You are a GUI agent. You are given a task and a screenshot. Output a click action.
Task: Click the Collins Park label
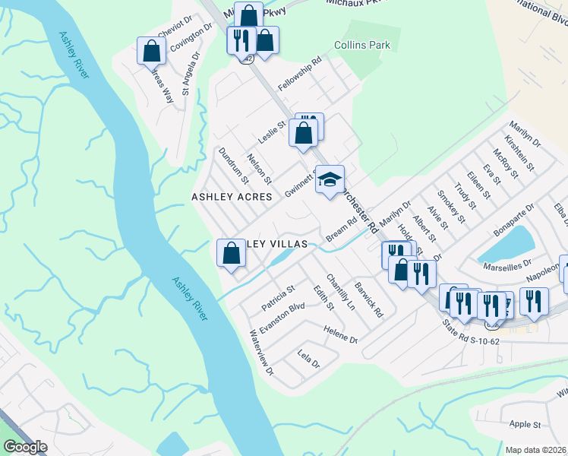point(361,46)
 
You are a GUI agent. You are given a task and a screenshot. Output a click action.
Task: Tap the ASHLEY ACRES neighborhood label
point(232,197)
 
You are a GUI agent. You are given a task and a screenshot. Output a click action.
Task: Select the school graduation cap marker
point(330,180)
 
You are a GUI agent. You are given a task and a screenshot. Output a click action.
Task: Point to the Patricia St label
point(278,298)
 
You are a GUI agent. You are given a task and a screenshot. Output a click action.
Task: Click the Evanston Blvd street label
point(282,318)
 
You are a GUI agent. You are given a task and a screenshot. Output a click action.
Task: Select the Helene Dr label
point(339,334)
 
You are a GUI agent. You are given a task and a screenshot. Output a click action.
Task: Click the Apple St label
point(525,424)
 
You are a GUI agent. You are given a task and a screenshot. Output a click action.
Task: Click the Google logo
point(25,447)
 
